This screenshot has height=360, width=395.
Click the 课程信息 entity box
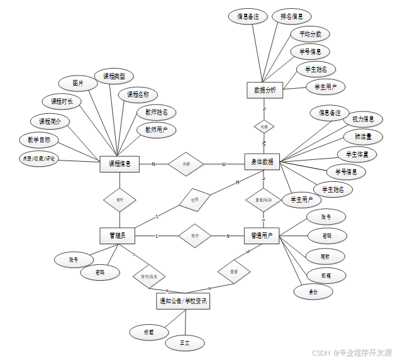coord(120,164)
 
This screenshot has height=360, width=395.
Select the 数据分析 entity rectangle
coord(264,91)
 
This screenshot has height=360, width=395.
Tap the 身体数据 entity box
coord(262,162)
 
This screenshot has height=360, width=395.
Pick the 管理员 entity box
coord(118,235)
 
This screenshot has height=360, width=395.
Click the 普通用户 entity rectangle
coord(261,235)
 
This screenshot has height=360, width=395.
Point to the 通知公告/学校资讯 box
coord(182,302)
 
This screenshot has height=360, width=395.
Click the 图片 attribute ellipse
coord(78,82)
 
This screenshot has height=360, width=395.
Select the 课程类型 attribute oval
coord(114,76)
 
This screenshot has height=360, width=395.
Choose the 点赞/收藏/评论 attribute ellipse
coord(39,159)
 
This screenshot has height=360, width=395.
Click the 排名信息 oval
coord(295,16)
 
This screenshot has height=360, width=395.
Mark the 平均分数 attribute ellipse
coord(311,33)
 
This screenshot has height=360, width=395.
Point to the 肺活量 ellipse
coord(362,136)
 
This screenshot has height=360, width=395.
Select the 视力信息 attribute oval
coord(363,119)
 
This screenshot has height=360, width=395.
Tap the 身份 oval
coord(313,292)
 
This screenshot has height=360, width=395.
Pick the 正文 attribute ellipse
coord(185,343)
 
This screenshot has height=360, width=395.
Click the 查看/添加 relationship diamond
coord(263,200)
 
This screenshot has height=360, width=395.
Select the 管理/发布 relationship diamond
coord(149,275)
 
